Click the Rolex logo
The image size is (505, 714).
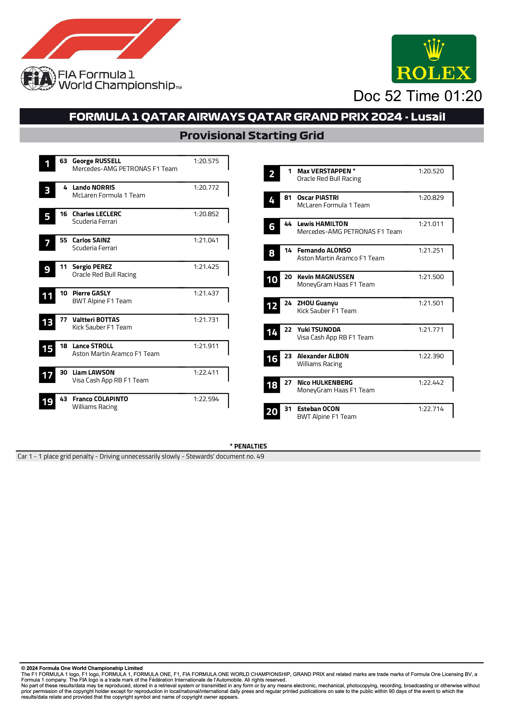pos(434,59)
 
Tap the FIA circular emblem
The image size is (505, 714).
pos(38,78)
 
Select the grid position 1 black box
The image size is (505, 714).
pos(47,164)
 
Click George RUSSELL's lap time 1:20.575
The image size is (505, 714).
pos(206,161)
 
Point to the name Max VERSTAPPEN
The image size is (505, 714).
pos(324,171)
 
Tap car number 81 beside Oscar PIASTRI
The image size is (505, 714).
pos(287,197)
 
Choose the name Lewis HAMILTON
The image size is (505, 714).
pos(322,224)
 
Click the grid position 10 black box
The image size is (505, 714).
pos(272,280)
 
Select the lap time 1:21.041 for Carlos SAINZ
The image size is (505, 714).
pos(206,240)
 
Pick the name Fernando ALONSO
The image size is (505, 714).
pos(324,250)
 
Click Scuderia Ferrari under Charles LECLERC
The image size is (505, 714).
pos(95,222)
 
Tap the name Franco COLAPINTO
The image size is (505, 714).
pos(100,399)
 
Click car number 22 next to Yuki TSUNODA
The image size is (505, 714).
pos(288,330)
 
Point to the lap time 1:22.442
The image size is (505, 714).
pos(431,382)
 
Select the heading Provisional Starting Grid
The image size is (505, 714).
pos(252,136)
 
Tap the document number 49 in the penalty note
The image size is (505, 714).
pos(260,457)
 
